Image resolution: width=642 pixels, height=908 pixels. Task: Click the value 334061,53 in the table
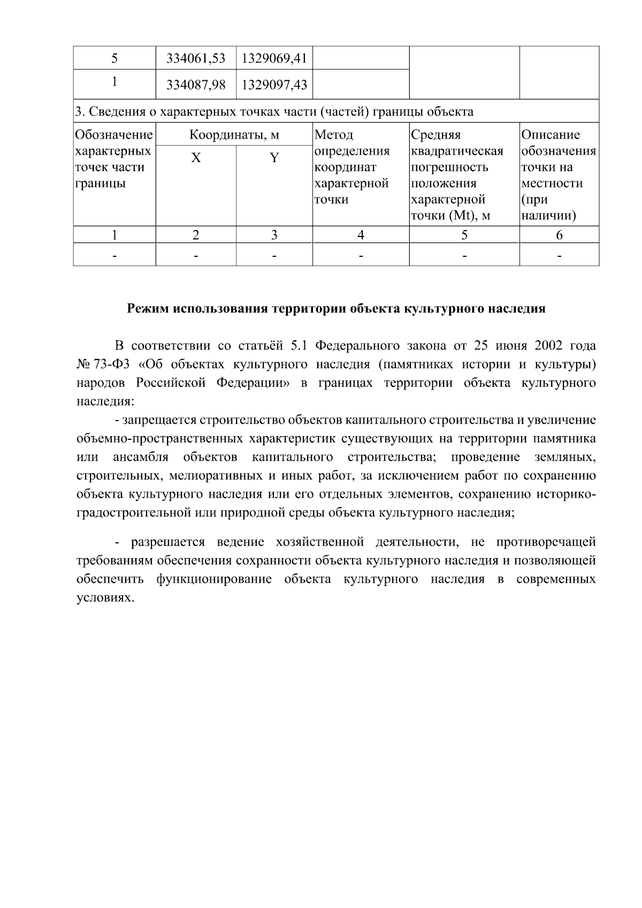(196, 58)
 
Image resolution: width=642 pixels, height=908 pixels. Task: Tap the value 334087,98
(196, 85)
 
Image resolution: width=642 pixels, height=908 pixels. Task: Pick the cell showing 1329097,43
(274, 85)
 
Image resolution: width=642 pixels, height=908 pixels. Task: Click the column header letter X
(196, 158)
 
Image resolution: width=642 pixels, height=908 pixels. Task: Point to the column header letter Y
(274, 158)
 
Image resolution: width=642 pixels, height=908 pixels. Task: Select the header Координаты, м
(234, 135)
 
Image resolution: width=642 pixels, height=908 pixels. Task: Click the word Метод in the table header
(334, 135)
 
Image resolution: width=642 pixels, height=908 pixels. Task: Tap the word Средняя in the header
(435, 135)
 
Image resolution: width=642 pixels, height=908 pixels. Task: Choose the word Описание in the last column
(551, 135)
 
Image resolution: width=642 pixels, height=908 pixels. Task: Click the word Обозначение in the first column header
(114, 135)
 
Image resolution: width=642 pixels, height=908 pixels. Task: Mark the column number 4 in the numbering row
(361, 235)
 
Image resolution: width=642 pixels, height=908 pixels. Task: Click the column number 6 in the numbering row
(559, 235)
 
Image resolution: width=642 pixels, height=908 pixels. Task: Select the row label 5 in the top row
(114, 58)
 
